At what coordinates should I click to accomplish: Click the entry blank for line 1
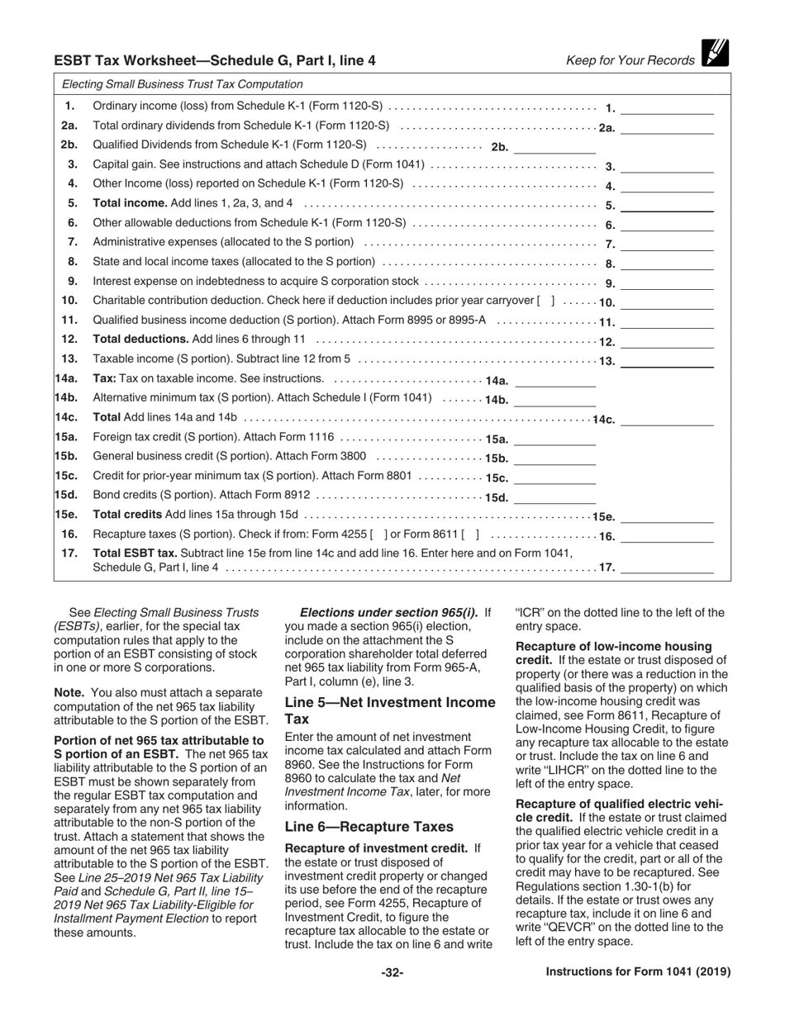pos(667,107)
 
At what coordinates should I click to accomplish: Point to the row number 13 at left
pos(70,358)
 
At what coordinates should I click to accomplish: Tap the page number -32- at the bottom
pos(392,972)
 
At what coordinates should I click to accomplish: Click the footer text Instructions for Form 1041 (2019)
pos(638,972)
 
